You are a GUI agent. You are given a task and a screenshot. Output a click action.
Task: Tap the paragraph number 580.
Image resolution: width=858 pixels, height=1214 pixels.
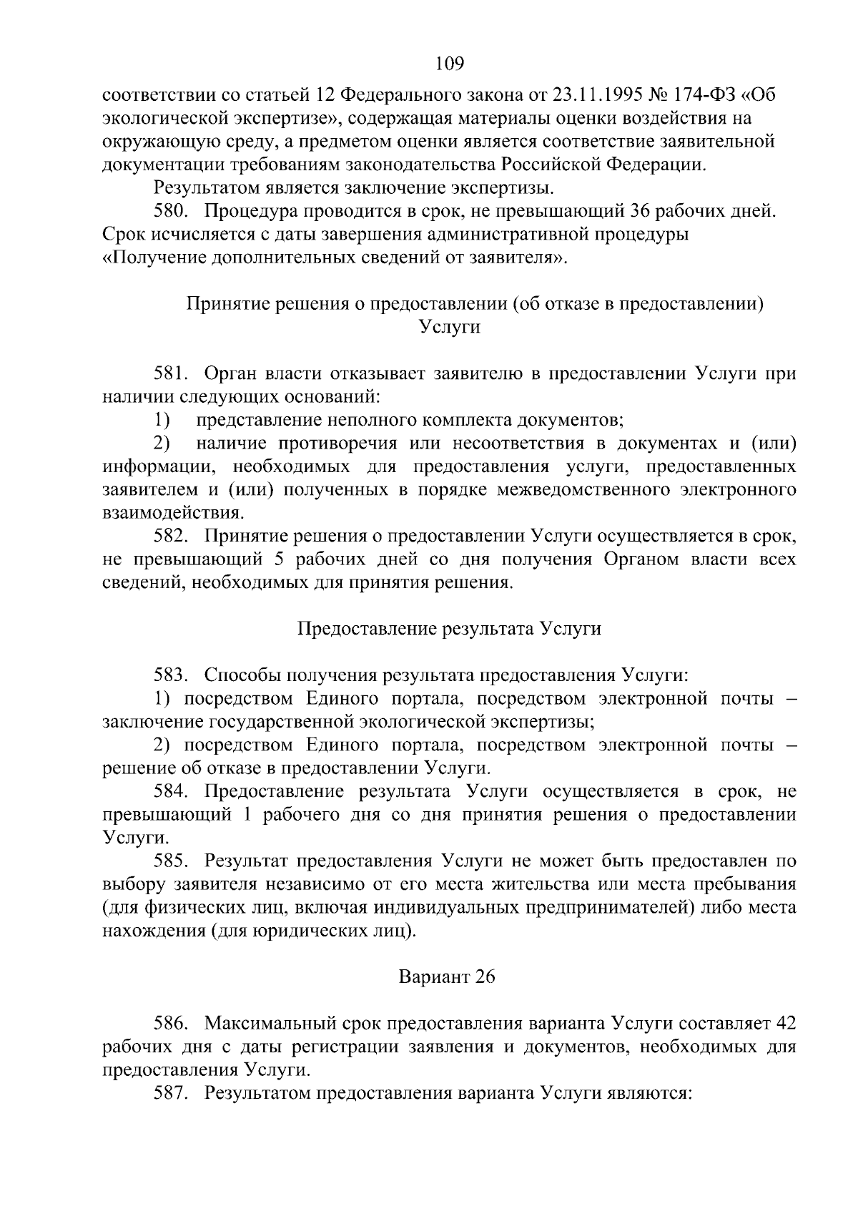170,212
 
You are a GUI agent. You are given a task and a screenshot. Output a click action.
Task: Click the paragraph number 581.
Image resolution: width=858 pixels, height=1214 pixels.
170,374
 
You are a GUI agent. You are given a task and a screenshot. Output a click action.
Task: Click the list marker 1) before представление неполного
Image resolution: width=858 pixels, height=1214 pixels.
162,420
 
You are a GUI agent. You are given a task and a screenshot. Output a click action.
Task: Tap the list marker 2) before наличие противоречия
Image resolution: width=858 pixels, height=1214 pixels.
162,444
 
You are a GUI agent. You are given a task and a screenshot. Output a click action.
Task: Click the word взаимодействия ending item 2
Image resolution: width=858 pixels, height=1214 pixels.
172,513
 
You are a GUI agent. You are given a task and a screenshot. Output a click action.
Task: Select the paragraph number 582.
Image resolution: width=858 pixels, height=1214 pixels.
170,537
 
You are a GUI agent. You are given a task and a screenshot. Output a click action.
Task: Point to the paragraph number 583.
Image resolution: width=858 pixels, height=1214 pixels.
170,675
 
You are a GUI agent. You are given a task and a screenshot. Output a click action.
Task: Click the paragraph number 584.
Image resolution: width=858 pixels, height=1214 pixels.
170,791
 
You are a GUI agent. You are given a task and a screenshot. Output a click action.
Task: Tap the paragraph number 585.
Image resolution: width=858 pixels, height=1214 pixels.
170,861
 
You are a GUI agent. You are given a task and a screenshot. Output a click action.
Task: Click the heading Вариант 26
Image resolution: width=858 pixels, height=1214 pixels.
447,977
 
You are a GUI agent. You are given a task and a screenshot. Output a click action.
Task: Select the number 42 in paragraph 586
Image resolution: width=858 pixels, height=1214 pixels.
785,1024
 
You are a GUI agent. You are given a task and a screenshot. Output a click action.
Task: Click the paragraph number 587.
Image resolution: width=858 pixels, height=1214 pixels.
170,1093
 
